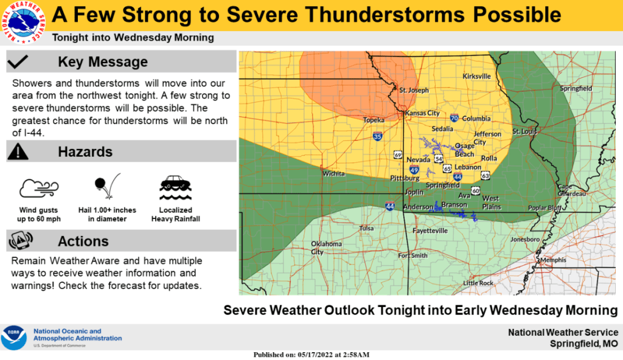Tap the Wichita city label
click(x=333, y=173)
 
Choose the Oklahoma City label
click(x=326, y=247)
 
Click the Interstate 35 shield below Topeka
click(x=378, y=136)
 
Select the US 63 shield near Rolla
click(x=485, y=175)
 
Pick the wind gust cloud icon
click(x=38, y=189)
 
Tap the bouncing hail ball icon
click(x=106, y=187)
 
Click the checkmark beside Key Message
click(x=19, y=61)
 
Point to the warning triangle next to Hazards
click(x=19, y=151)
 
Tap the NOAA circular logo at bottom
click(x=15, y=337)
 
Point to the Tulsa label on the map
click(x=366, y=229)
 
